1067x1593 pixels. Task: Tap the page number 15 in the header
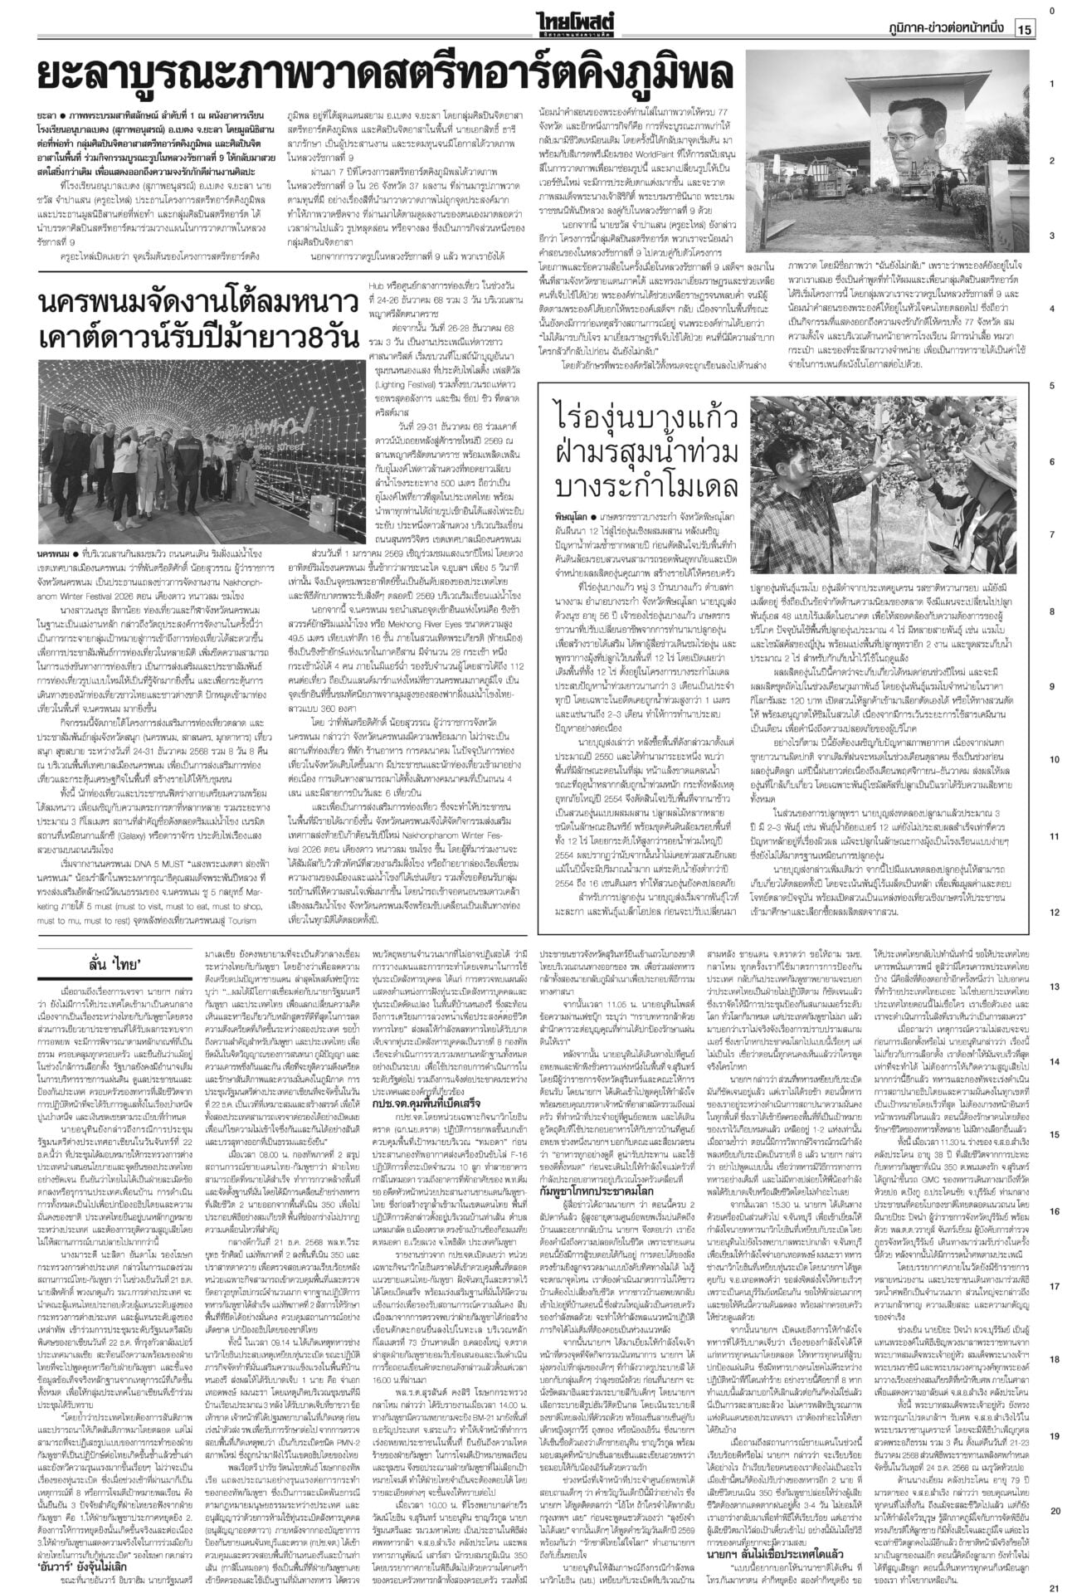pyautogui.click(x=1023, y=29)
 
